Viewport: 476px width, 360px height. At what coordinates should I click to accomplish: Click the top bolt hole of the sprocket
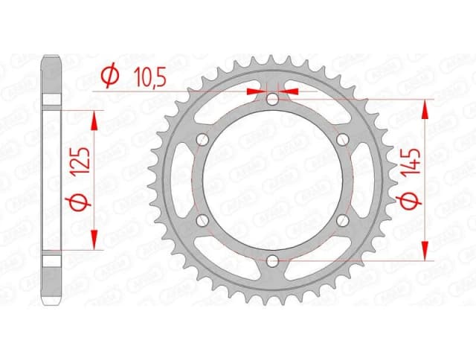point(272,99)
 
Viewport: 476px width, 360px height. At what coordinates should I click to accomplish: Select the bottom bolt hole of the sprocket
point(272,260)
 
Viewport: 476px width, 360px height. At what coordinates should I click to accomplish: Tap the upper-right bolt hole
point(342,140)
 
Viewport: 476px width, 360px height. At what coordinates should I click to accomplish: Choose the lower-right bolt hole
point(342,219)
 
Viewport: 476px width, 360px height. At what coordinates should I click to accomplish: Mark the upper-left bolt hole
point(202,140)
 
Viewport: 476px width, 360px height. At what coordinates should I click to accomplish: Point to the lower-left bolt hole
point(202,219)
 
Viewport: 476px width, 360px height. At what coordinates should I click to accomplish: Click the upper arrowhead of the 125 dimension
point(94,119)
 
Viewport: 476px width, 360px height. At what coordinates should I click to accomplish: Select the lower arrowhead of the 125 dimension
point(94,240)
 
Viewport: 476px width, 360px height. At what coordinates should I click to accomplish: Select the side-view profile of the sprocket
point(50,179)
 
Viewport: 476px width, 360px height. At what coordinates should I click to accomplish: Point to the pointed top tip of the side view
point(50,58)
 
